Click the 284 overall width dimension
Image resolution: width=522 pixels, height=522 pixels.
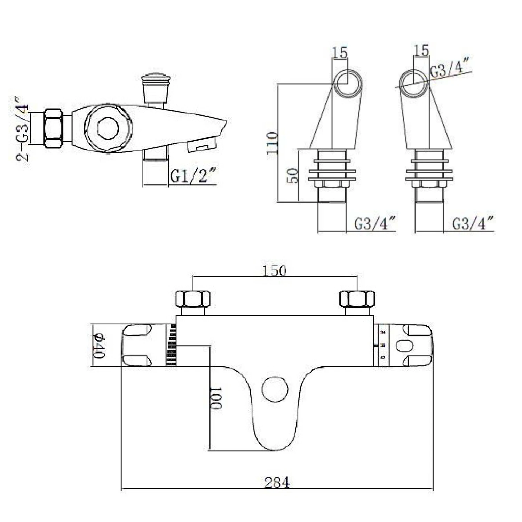tap(277, 482)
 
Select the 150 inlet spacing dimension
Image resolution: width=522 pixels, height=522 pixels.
tap(274, 270)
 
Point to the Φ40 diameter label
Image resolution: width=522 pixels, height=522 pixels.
tap(99, 346)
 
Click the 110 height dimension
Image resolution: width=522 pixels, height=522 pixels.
tap(272, 143)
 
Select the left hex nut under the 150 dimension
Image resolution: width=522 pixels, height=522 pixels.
tap(192, 299)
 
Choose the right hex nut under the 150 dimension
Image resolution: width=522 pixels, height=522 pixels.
tap(357, 299)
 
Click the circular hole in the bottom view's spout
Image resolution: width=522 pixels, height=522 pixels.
tap(276, 389)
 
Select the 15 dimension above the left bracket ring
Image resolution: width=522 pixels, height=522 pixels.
tap(340, 53)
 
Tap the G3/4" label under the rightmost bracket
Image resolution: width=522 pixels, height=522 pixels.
tap(473, 224)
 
